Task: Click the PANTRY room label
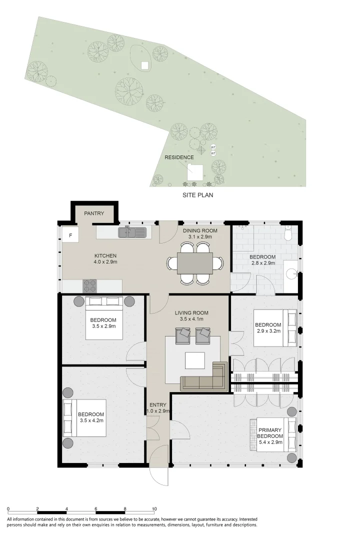94,213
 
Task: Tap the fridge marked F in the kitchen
70,235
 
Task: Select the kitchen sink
132,232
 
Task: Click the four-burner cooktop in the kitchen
89,286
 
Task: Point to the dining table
195,263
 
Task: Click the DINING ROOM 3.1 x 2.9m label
200,234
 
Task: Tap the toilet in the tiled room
288,233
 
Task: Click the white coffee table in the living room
195,360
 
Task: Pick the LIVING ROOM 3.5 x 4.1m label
191,316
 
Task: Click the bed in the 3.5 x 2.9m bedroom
104,318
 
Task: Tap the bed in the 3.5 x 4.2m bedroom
84,418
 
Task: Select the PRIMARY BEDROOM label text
270,433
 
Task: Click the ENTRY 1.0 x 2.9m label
158,408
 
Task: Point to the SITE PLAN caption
197,195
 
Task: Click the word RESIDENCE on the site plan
179,157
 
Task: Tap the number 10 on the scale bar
154,508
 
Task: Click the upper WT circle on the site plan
213,147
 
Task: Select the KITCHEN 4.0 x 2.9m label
105,258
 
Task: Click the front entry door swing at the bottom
159,465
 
